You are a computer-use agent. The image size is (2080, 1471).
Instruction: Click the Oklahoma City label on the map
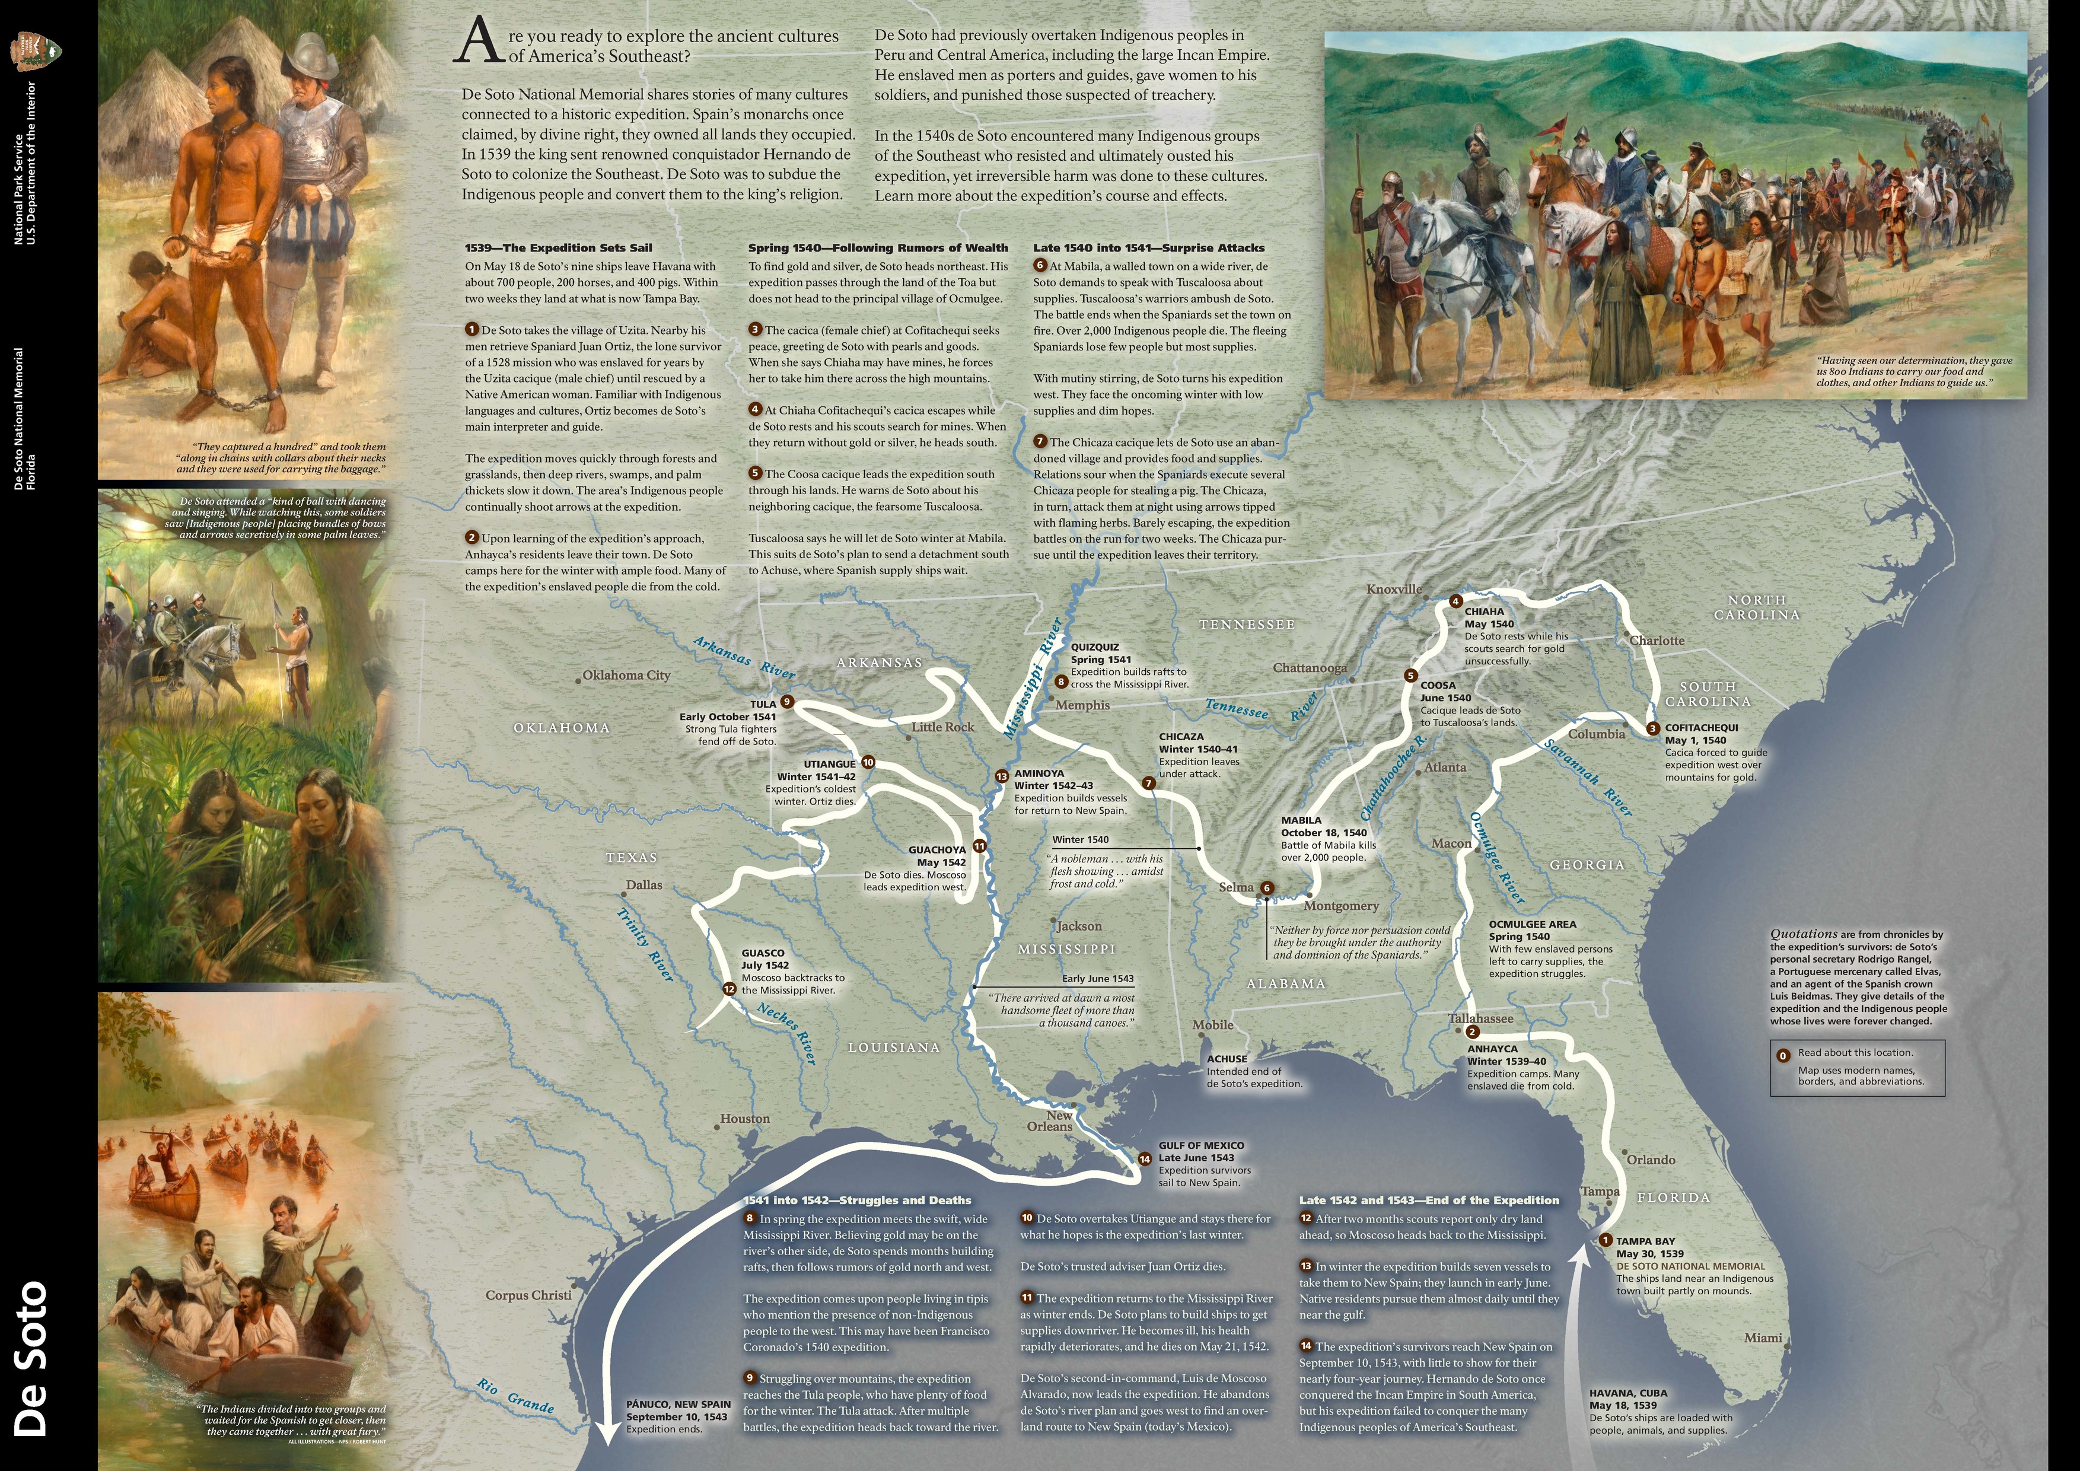626,675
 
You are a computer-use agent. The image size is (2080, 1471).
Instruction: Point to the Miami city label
1763,1338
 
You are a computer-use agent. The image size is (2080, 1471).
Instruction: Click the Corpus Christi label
528,1295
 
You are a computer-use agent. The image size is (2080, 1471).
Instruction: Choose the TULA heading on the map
763,704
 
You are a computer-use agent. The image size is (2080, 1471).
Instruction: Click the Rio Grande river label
515,1396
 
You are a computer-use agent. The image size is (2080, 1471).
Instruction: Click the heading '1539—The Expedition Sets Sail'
558,247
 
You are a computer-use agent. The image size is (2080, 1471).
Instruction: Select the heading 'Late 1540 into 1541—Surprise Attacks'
1149,247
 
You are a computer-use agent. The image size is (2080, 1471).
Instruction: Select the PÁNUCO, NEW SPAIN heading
678,1404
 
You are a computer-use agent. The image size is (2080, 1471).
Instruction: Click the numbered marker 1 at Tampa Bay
1606,1241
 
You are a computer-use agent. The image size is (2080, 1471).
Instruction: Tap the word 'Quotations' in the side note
1803,934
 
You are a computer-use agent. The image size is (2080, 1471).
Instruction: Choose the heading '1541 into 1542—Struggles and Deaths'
857,1200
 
